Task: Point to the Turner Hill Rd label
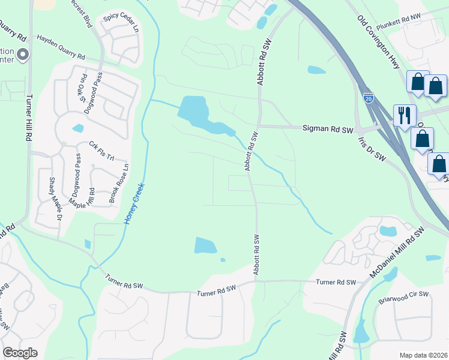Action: point(28,120)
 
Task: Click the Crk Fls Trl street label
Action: point(101,150)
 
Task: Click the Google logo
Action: point(20,353)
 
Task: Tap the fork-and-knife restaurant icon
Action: point(404,114)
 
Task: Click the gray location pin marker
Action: point(23,55)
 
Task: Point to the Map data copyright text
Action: point(423,355)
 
